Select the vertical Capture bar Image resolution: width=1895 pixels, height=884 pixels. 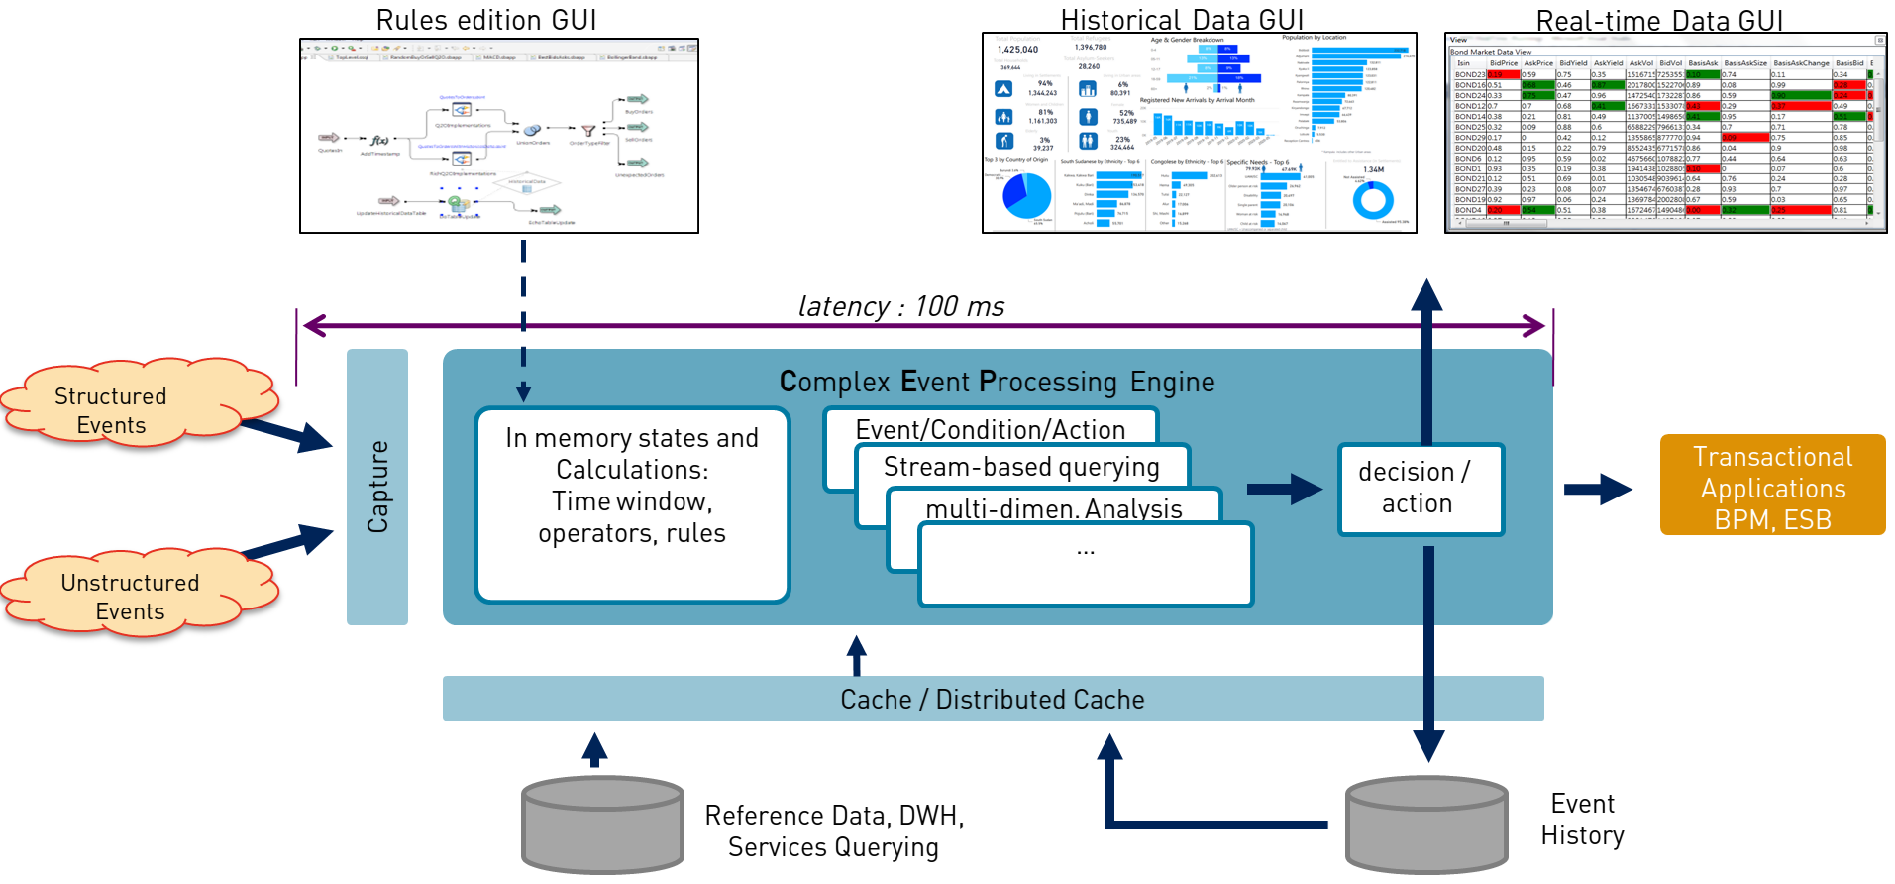click(377, 487)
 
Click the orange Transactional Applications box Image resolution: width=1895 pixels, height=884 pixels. click(1772, 486)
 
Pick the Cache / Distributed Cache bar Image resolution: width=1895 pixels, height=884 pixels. click(992, 699)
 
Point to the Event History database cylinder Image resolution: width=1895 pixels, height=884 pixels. click(1426, 825)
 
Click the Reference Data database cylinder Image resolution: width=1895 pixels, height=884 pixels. click(602, 825)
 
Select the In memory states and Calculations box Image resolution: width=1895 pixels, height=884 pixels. click(632, 503)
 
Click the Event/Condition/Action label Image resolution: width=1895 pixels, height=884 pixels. click(990, 429)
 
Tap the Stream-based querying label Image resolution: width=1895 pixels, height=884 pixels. click(1021, 466)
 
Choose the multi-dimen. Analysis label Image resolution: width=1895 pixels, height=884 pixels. click(1053, 508)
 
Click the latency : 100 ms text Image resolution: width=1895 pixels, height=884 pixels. click(900, 306)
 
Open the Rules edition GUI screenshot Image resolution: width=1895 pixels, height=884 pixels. click(499, 136)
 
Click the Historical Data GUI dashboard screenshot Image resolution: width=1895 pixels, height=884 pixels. click(1199, 133)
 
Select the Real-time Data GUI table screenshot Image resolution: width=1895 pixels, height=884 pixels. click(1665, 133)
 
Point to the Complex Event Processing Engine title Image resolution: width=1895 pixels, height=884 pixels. click(997, 382)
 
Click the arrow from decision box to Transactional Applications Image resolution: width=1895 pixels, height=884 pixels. click(1597, 489)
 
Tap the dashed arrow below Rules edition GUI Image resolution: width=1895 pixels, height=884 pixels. click(524, 317)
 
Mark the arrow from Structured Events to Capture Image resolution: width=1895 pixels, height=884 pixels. click(287, 433)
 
